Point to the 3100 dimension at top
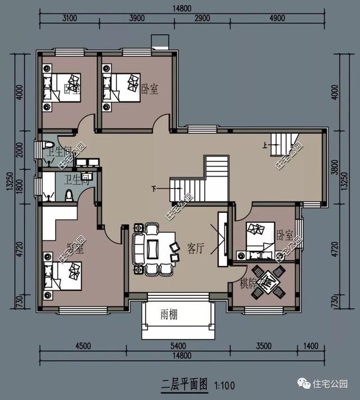[66, 18]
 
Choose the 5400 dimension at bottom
[178, 346]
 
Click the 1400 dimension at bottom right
[311, 346]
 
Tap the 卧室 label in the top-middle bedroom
[149, 89]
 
